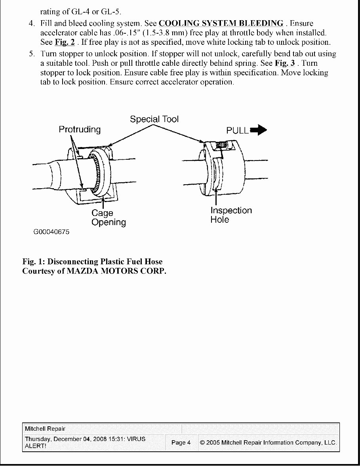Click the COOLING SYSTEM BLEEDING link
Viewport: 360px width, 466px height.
pos(221,23)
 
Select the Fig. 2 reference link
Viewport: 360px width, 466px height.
pos(65,42)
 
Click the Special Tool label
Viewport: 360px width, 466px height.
pos(154,119)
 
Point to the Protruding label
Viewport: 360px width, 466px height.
pos(80,130)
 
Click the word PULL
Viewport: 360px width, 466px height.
pos(237,130)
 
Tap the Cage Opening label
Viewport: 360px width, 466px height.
pos(108,218)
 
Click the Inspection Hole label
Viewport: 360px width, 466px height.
pos(231,215)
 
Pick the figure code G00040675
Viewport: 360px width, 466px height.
pos(51,232)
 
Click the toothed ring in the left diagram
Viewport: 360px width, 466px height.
pos(96,174)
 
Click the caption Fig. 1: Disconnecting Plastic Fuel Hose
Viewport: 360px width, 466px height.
pos(92,262)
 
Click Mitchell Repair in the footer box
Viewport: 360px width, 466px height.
pos(45,429)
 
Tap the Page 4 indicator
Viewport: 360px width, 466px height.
pos(181,443)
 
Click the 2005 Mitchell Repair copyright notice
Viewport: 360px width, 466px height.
pos(268,443)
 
